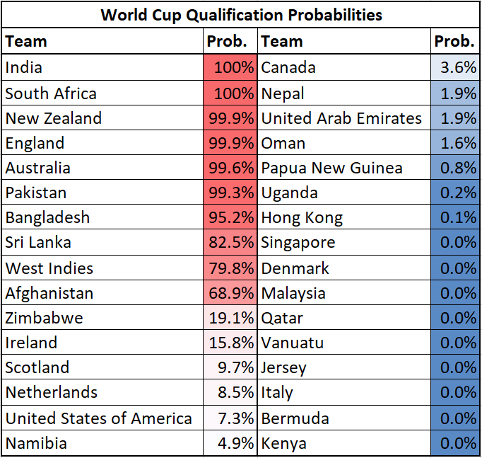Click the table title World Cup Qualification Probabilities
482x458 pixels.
coord(241,15)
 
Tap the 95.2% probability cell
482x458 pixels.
coord(230,218)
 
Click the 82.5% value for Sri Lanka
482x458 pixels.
coord(230,243)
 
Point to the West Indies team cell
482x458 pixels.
coord(49,268)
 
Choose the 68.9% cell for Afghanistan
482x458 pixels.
coord(230,293)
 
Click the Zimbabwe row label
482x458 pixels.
coord(45,318)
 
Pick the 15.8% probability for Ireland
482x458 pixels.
coord(230,343)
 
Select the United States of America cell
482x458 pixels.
coord(98,418)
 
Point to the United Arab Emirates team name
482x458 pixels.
coord(341,118)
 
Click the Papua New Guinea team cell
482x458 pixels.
coord(332,168)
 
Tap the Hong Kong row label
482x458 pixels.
coord(302,218)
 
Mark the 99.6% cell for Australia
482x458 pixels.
coord(230,168)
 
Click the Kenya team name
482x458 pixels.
coord(284,444)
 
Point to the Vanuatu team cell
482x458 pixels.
coord(293,343)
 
